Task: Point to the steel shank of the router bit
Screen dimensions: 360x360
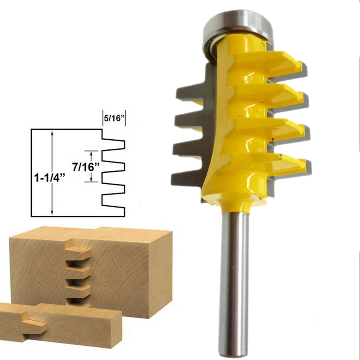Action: coord(234,281)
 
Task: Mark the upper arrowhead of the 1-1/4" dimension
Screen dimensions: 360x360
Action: coord(53,133)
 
